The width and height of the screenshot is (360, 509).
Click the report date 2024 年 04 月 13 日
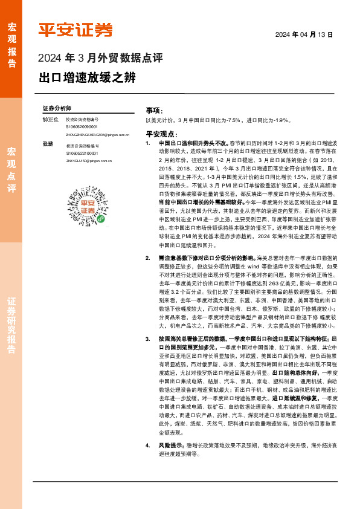304,35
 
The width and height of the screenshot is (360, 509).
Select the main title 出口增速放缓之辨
87,78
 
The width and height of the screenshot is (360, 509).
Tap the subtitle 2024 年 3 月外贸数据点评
100,59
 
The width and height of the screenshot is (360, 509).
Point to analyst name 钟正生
51,120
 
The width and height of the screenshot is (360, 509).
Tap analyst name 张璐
48,146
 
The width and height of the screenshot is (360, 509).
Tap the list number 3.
148,339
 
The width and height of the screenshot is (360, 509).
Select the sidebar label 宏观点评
11,169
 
